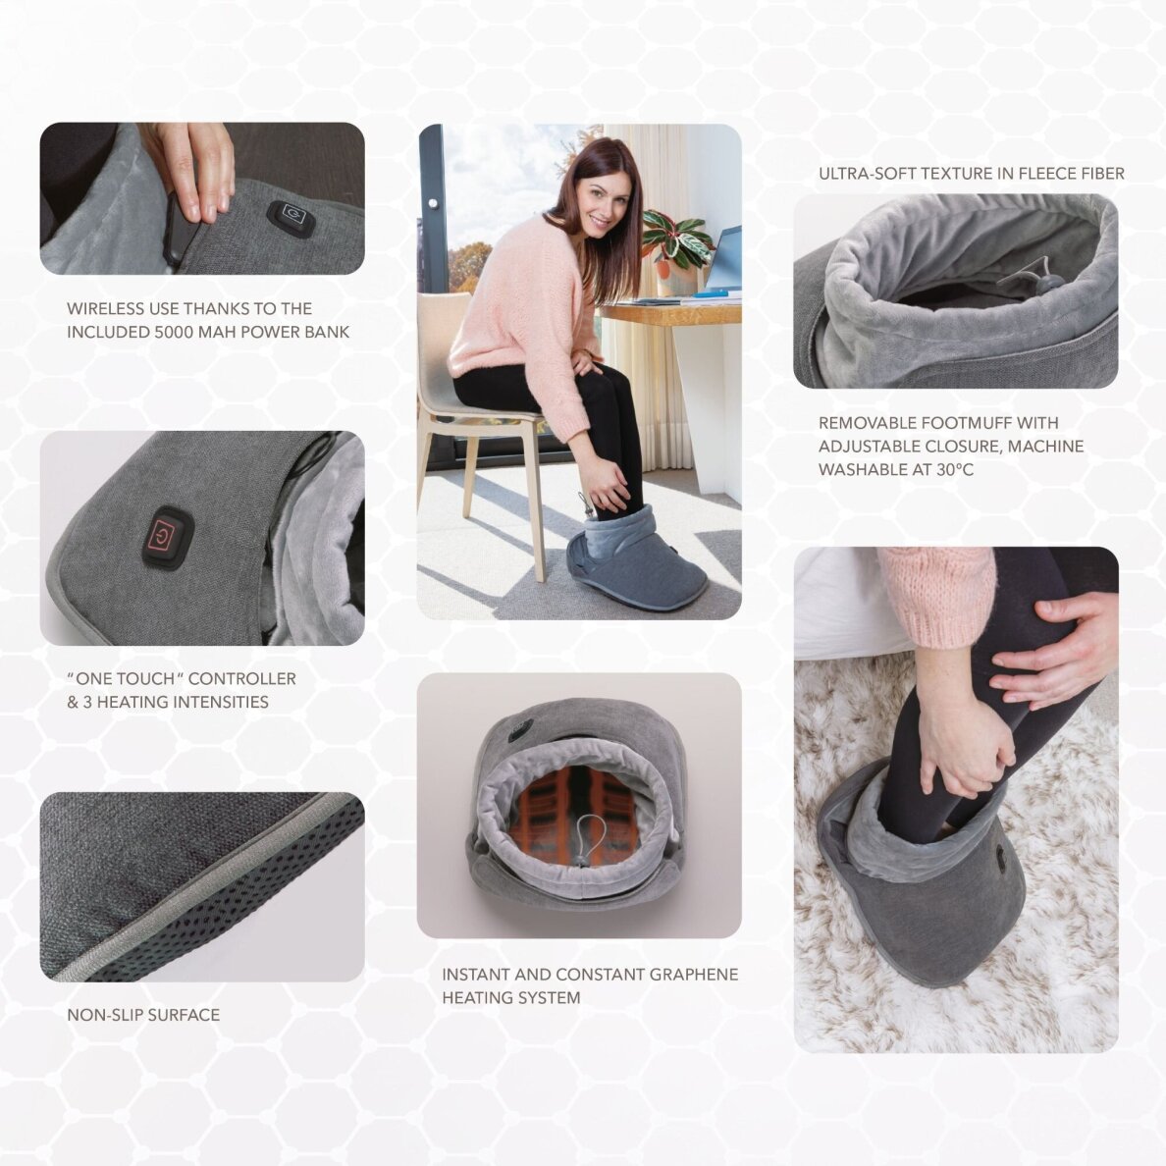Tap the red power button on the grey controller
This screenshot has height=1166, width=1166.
click(168, 537)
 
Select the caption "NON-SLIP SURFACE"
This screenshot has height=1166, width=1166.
click(143, 1015)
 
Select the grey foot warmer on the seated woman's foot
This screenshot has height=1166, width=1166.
click(636, 564)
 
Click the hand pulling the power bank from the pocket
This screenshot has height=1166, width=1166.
click(191, 167)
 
